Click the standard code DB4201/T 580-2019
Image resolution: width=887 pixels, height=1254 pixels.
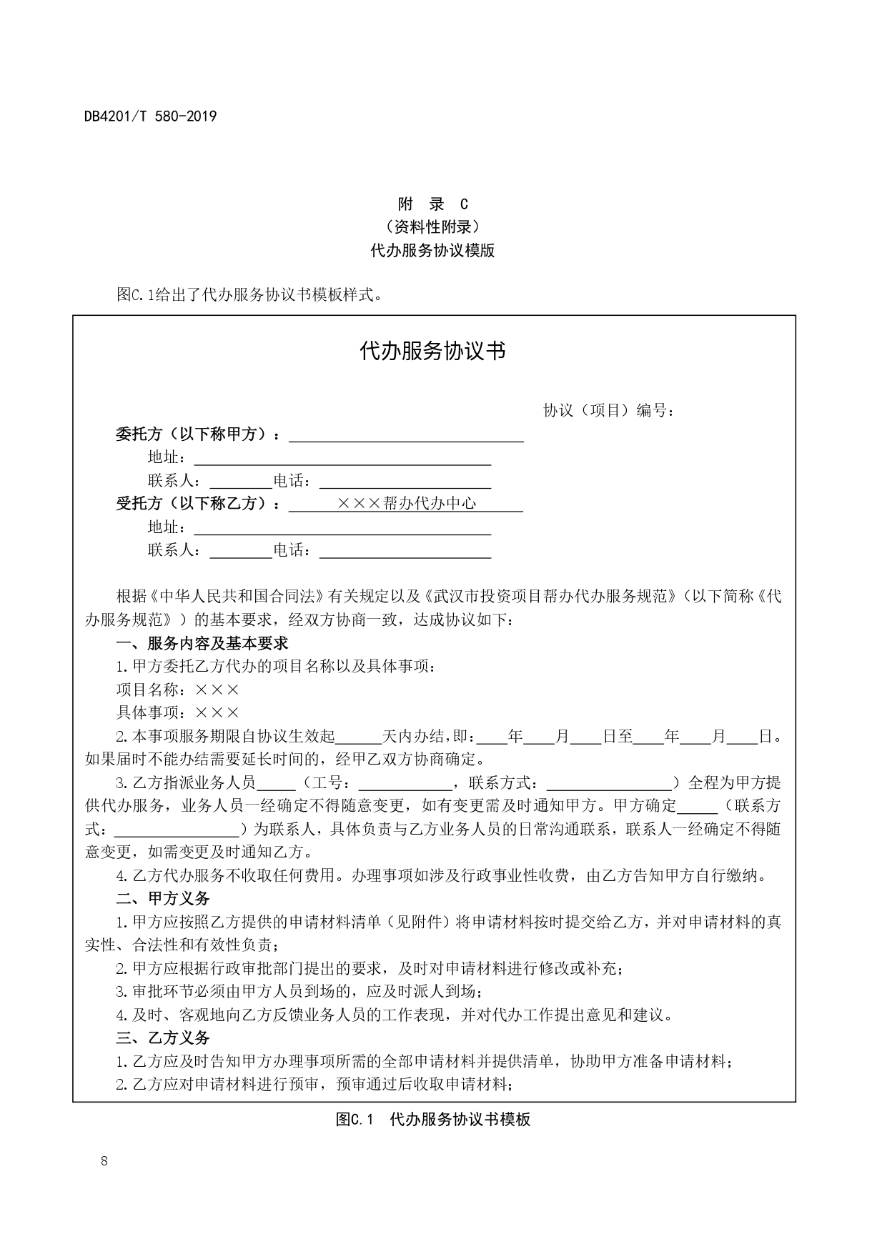pyautogui.click(x=150, y=116)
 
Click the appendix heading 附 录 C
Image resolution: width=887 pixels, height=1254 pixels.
pyautogui.click(x=432, y=204)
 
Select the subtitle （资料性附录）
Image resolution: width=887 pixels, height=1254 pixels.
pyautogui.click(x=432, y=227)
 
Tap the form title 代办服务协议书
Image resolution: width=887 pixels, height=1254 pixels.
pyautogui.click(x=433, y=351)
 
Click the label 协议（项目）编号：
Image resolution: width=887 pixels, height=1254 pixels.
pyautogui.click(x=609, y=411)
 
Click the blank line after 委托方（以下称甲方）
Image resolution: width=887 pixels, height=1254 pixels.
pyautogui.click(x=405, y=435)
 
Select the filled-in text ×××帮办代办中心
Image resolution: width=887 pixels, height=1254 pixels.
pyautogui.click(x=406, y=504)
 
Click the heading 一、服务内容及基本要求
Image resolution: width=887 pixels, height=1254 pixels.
pyautogui.click(x=202, y=643)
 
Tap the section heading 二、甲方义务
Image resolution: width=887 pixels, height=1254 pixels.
pyautogui.click(x=163, y=898)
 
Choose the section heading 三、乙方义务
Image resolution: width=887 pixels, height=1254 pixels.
pyautogui.click(x=163, y=1037)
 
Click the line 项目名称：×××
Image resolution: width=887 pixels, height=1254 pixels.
pyautogui.click(x=178, y=690)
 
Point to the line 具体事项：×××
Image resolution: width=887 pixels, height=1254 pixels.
pyautogui.click(x=178, y=712)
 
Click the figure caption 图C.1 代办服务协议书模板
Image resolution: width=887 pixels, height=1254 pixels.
pyautogui.click(x=433, y=1119)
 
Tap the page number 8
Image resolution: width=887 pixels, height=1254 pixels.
pyautogui.click(x=104, y=1160)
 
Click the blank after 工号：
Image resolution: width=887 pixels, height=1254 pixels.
pyautogui.click(x=405, y=783)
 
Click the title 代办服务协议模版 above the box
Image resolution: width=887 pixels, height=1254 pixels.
pyautogui.click(x=432, y=251)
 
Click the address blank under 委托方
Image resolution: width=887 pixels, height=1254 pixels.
pyautogui.click(x=342, y=458)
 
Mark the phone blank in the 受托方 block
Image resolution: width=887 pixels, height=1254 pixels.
pyautogui.click(x=405, y=550)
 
